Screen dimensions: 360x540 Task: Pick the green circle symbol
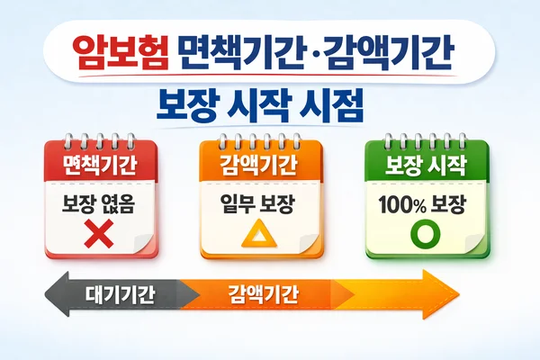pyautogui.click(x=423, y=236)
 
